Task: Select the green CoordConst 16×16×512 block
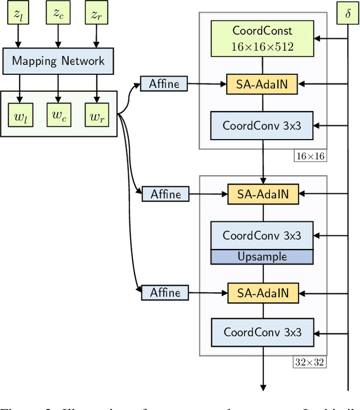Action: point(263,38)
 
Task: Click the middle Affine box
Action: point(165,194)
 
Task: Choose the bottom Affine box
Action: point(165,292)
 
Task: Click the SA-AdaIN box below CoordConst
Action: point(263,84)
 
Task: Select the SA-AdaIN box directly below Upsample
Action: point(263,292)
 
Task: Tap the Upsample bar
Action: point(263,256)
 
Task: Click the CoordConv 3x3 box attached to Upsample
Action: point(263,235)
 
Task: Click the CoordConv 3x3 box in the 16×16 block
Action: point(263,126)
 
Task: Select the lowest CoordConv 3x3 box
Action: point(263,332)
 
